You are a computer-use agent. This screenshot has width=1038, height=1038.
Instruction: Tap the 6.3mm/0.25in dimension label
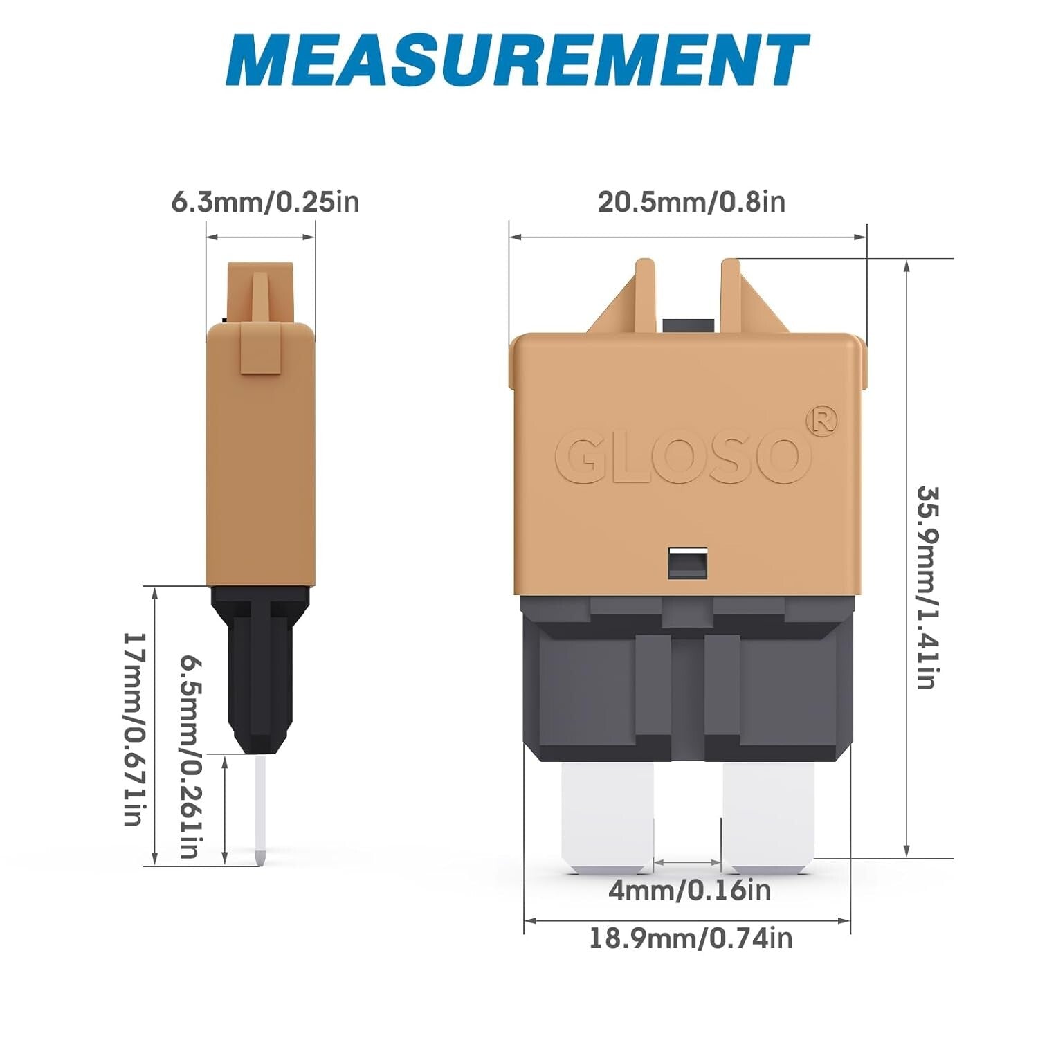pyautogui.click(x=265, y=202)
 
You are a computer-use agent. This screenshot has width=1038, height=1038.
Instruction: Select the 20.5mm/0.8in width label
pyautogui.click(x=691, y=202)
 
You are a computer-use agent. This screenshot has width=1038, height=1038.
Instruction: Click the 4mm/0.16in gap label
pyautogui.click(x=689, y=890)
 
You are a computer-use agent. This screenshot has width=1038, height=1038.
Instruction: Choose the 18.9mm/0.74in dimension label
pyautogui.click(x=691, y=939)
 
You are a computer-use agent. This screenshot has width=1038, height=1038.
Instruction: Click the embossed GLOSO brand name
pyautogui.click(x=682, y=456)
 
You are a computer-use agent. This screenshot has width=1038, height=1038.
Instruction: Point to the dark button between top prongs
pyautogui.click(x=687, y=325)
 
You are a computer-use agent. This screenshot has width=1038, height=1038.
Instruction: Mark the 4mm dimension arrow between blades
pyautogui.click(x=688, y=863)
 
